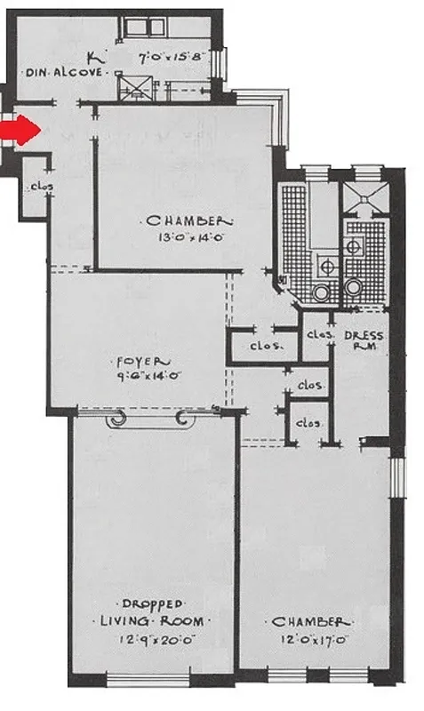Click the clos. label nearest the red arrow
41,187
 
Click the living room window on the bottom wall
142,681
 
